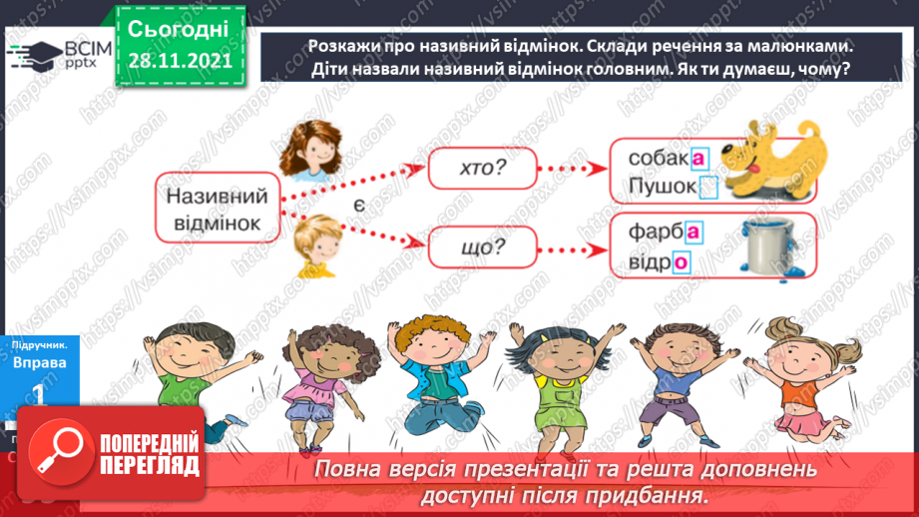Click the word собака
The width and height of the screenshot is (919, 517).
(x=664, y=158)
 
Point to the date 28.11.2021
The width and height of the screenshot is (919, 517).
(x=180, y=60)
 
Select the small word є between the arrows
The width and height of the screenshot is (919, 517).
(x=356, y=206)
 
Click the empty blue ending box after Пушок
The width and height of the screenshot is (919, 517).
(x=708, y=187)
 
